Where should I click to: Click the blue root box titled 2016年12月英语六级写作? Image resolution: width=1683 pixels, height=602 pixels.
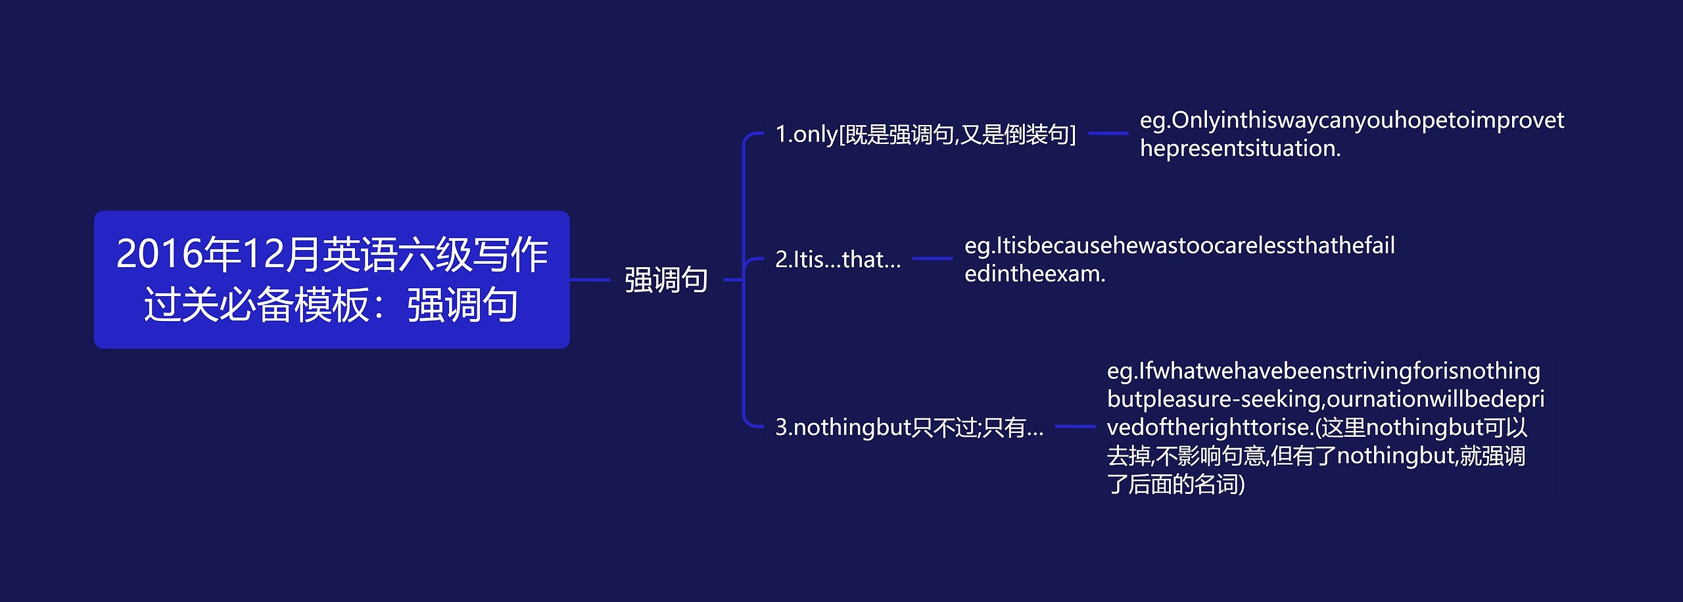(331, 280)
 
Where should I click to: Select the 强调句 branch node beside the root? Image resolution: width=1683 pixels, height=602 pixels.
(666, 280)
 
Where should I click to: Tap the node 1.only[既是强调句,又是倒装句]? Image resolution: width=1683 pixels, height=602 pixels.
(926, 134)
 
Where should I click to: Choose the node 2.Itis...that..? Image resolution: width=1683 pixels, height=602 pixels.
(838, 259)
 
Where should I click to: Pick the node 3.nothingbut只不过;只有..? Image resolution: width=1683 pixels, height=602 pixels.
(909, 427)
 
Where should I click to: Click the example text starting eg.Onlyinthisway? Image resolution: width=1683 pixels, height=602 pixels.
(1352, 134)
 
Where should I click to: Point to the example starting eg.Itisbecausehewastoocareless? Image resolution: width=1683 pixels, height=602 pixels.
(1179, 259)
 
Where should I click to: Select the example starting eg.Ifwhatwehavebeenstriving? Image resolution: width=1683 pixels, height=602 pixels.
(1325, 427)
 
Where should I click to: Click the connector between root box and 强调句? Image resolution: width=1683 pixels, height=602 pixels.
(590, 280)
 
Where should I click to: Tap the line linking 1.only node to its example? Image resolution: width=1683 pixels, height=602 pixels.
(1108, 134)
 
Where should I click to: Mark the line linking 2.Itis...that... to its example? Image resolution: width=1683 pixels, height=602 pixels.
(933, 259)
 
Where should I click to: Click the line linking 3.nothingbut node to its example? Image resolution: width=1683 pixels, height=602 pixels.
(1076, 426)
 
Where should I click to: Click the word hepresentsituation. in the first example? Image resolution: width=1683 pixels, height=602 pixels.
(1240, 149)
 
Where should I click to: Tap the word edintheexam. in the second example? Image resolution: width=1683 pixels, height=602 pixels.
(1035, 274)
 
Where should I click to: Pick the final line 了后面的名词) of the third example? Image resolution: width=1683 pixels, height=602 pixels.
(1175, 484)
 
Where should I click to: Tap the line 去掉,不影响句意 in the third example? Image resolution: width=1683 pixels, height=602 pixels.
(1186, 456)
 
